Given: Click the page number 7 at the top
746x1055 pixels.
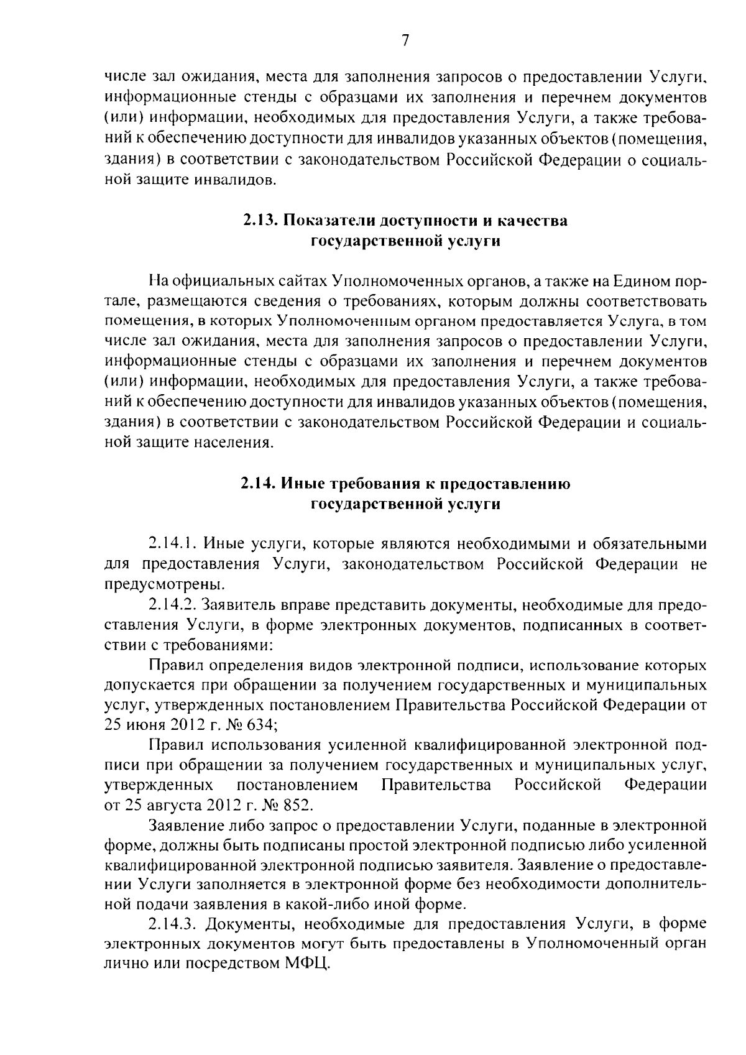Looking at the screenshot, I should coord(405,41).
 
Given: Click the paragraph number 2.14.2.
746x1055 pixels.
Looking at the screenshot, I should coord(173,605).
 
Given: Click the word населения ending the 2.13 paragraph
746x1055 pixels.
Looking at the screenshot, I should coord(235,443).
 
